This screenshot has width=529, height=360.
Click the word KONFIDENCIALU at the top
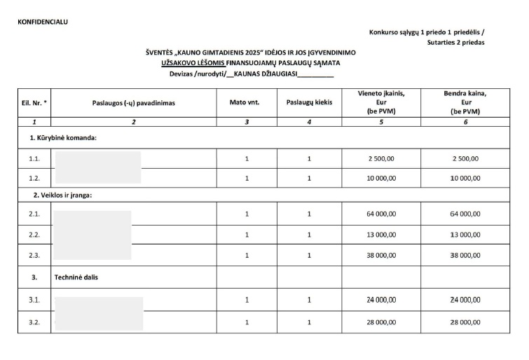[43, 22]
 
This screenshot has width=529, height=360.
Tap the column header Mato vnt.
[245, 102]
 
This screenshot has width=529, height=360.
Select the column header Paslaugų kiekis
[309, 102]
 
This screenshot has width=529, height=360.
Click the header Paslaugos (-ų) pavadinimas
[133, 102]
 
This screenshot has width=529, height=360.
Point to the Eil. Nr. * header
[34, 102]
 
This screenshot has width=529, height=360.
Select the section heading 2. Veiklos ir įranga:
[63, 195]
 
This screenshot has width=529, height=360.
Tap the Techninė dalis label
[76, 277]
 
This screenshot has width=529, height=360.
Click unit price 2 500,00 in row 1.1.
[381, 158]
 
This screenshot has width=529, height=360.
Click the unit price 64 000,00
[381, 214]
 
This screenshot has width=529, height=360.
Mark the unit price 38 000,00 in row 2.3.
[381, 255]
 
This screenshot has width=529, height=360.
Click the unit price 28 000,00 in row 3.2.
[381, 322]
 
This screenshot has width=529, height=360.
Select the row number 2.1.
[34, 214]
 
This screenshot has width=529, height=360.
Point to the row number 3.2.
[34, 322]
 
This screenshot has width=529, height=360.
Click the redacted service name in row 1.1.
[97, 159]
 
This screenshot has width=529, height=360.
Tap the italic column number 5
[381, 122]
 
